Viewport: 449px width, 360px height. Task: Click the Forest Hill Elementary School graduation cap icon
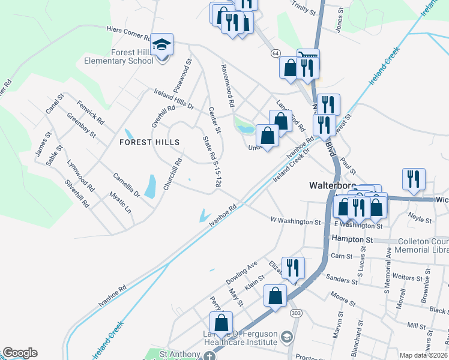pyautogui.click(x=161, y=45)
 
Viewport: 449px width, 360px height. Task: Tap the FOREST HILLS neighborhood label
pyautogui.click(x=149, y=142)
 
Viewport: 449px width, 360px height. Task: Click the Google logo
pyautogui.click(x=19, y=353)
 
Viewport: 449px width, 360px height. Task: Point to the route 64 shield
pyautogui.click(x=275, y=53)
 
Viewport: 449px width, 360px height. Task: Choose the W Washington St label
pyautogui.click(x=295, y=221)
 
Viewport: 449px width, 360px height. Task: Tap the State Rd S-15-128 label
pyautogui.click(x=212, y=162)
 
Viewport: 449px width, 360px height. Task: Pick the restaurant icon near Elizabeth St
pyautogui.click(x=293, y=267)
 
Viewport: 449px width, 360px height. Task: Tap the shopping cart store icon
pyautogui.click(x=308, y=58)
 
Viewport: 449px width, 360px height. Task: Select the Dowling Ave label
pyautogui.click(x=241, y=272)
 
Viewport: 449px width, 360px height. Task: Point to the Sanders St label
pyautogui.click(x=339, y=278)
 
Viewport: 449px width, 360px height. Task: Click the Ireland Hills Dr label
pyautogui.click(x=174, y=99)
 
